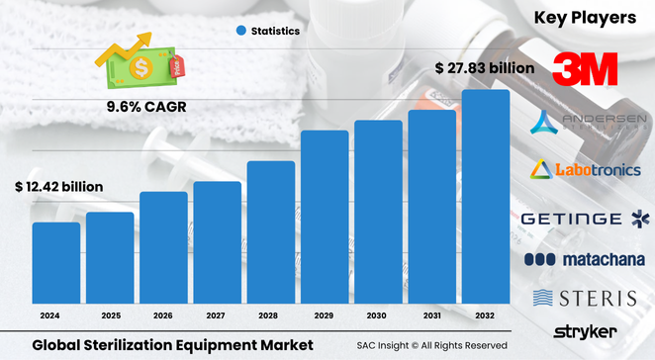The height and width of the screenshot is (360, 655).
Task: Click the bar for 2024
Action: [x=56, y=264]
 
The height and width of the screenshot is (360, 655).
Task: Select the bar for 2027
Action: [x=218, y=243]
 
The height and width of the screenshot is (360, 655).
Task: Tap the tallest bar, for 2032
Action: [x=486, y=198]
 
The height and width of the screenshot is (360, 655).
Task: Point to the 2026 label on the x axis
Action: [x=163, y=315]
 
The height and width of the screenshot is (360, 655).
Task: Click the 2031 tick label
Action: [x=432, y=315]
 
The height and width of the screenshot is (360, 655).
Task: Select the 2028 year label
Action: [x=271, y=315]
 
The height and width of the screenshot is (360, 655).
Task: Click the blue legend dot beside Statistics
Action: [x=240, y=31]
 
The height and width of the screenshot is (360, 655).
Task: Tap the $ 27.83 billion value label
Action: [x=485, y=68]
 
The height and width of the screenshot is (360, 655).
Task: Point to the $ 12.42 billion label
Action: [x=59, y=186]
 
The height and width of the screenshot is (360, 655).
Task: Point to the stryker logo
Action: [x=585, y=331]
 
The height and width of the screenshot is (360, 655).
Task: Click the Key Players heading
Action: [x=585, y=17]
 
